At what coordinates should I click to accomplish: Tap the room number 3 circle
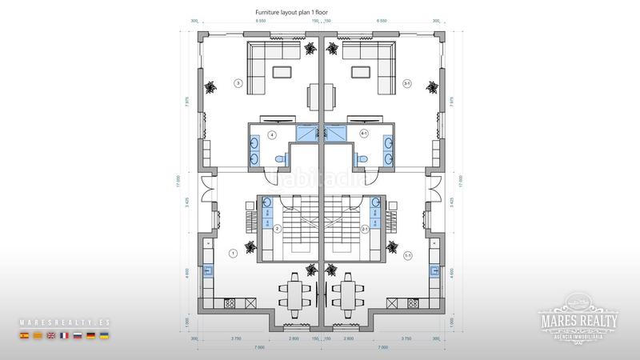[x=238, y=82]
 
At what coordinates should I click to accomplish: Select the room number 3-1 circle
[x=406, y=82]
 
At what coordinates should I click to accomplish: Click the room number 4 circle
[x=272, y=134]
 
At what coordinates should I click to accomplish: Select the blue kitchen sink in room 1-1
[x=435, y=270]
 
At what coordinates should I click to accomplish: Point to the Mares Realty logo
[x=578, y=320]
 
